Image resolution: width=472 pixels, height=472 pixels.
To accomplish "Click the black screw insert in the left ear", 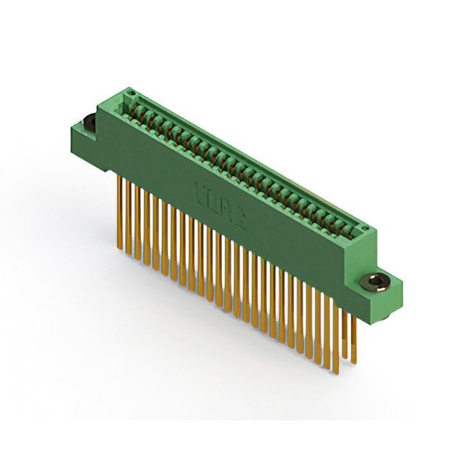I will (89, 122).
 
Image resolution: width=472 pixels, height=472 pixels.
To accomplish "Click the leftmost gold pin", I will (119, 214).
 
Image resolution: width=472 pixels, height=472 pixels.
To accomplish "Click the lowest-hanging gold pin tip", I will (336, 373).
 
